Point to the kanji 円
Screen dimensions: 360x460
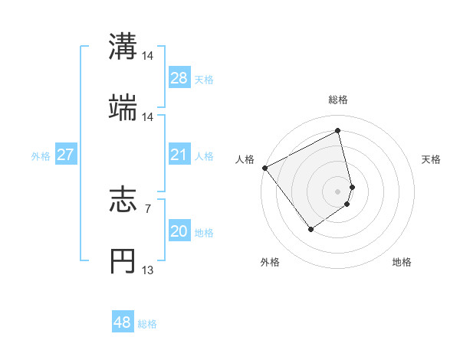pyautogui.click(x=123, y=260)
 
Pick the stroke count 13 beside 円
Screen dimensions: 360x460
pyautogui.click(x=148, y=270)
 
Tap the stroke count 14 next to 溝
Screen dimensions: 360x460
pyautogui.click(x=148, y=56)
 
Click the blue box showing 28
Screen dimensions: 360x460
pyautogui.click(x=179, y=79)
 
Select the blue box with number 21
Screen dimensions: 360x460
pyautogui.click(x=179, y=155)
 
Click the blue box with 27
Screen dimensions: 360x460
pyautogui.click(x=65, y=155)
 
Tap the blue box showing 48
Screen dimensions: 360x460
pyautogui.click(x=123, y=322)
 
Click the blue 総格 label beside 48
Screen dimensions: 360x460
pyautogui.click(x=147, y=324)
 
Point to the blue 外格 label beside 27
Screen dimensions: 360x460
pyautogui.click(x=41, y=156)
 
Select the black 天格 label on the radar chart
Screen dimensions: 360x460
pyautogui.click(x=431, y=159)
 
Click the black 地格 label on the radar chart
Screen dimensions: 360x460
pyautogui.click(x=402, y=263)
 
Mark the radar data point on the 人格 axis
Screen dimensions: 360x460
pyautogui.click(x=264, y=168)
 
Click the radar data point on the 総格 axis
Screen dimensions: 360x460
pyautogui.click(x=338, y=131)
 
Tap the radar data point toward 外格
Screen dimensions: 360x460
pyautogui.click(x=311, y=229)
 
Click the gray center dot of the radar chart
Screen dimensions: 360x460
pyautogui.click(x=338, y=191)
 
